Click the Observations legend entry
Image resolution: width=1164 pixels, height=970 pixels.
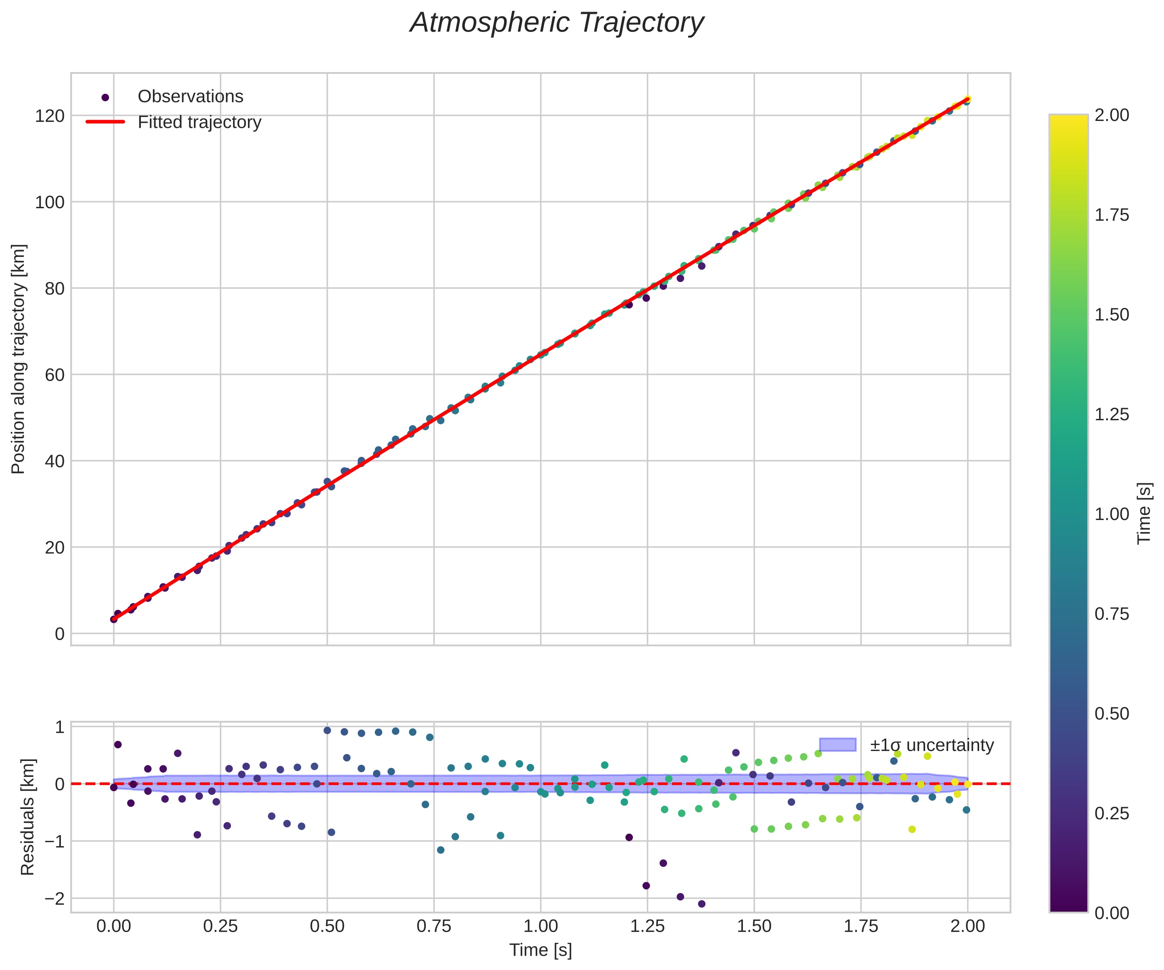point(190,96)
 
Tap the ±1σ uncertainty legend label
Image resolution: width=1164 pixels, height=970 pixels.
point(932,745)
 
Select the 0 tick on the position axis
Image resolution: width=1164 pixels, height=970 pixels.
point(59,634)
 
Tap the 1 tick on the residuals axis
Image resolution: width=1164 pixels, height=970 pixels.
point(59,727)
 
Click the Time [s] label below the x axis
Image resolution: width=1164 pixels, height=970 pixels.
point(540,950)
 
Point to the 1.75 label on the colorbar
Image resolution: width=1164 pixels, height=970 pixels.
point(1111,215)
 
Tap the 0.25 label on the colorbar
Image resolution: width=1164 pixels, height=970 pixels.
point(1111,813)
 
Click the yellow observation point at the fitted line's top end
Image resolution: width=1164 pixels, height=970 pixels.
point(967,100)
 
